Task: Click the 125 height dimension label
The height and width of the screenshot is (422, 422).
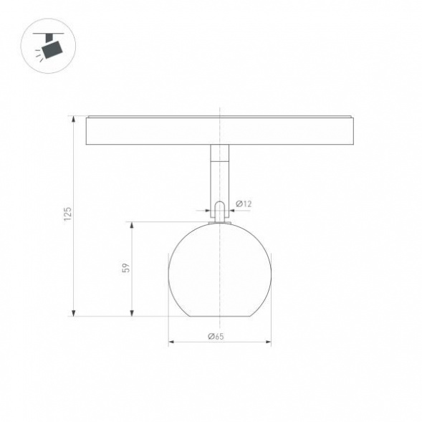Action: (x=67, y=214)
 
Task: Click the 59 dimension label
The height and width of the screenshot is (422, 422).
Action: (x=125, y=268)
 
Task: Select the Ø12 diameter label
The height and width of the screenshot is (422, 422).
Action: (x=244, y=204)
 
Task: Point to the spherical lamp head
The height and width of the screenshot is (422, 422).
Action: (x=219, y=270)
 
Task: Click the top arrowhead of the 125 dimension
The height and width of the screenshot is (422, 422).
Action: (x=75, y=119)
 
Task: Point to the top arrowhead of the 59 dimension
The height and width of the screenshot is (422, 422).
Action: (x=132, y=225)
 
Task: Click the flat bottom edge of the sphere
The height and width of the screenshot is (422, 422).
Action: (x=219, y=315)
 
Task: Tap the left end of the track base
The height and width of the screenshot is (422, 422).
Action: (x=87, y=131)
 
